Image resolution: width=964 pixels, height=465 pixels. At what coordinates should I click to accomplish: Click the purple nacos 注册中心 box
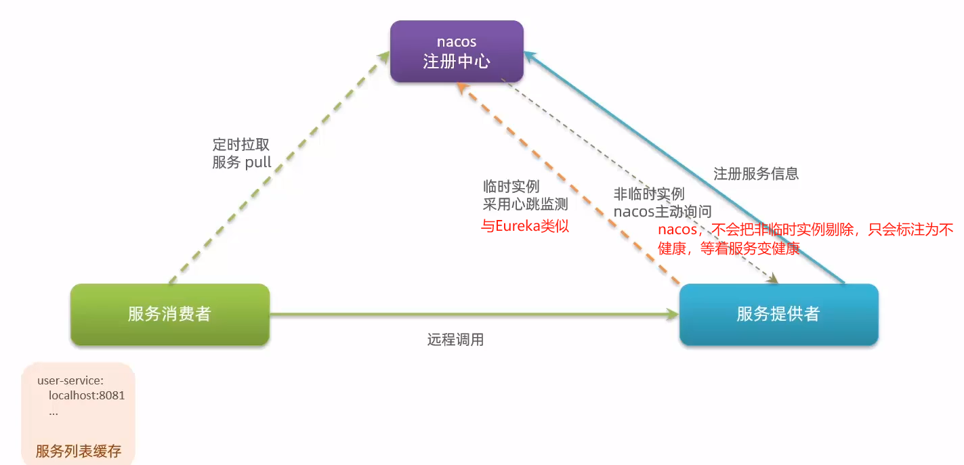point(457,51)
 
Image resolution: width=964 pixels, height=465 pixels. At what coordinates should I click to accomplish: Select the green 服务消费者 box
point(170,314)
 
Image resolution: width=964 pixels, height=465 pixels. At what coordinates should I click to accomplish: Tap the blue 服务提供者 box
point(778,314)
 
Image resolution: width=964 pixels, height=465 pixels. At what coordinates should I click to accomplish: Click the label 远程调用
point(455,340)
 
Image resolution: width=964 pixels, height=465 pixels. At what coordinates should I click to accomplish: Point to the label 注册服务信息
point(756,173)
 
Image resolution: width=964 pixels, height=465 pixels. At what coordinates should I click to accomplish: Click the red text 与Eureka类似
point(525,226)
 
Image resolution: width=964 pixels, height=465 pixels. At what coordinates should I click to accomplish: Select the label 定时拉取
point(241,145)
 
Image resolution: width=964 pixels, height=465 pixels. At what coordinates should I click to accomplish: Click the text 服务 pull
point(242,162)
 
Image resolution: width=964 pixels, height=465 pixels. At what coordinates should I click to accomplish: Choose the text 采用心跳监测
point(525,204)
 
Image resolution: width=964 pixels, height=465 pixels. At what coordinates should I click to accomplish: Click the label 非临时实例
point(649,194)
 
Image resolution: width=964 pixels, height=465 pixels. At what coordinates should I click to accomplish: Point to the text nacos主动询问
point(663,211)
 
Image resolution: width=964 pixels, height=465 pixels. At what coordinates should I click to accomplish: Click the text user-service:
point(70,380)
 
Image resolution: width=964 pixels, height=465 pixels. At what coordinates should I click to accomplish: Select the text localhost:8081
point(87,395)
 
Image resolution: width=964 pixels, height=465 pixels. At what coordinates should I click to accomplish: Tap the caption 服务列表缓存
point(79,451)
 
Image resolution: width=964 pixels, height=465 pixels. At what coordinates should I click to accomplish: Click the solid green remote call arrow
point(474,314)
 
